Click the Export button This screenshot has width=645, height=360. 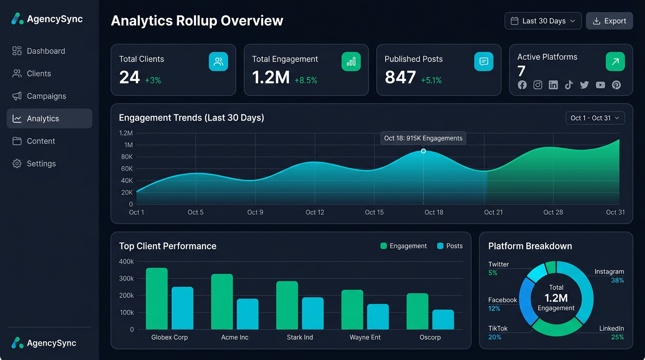coord(609,21)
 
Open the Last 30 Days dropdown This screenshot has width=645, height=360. coord(543,21)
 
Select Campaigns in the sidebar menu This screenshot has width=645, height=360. coord(46,96)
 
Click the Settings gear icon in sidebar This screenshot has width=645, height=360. coord(17,164)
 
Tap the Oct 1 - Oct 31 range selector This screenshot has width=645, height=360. coord(595,118)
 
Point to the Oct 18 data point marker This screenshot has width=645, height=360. coord(423,151)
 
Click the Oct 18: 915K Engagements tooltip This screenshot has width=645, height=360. coord(423,138)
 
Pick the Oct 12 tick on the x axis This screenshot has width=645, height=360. coord(315,212)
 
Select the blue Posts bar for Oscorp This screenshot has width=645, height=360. coord(443,320)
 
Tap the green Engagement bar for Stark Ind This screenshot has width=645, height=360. coord(287,305)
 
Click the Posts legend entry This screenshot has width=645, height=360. coord(450,246)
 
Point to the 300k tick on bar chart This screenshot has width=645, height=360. coord(126,278)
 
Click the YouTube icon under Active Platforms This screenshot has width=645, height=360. coord(600,85)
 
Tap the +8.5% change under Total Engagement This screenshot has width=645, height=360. coord(306,81)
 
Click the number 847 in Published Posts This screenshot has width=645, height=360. coord(400,77)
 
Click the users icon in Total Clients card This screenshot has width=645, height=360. coord(218,61)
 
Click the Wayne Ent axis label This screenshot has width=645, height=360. coord(365,337)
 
